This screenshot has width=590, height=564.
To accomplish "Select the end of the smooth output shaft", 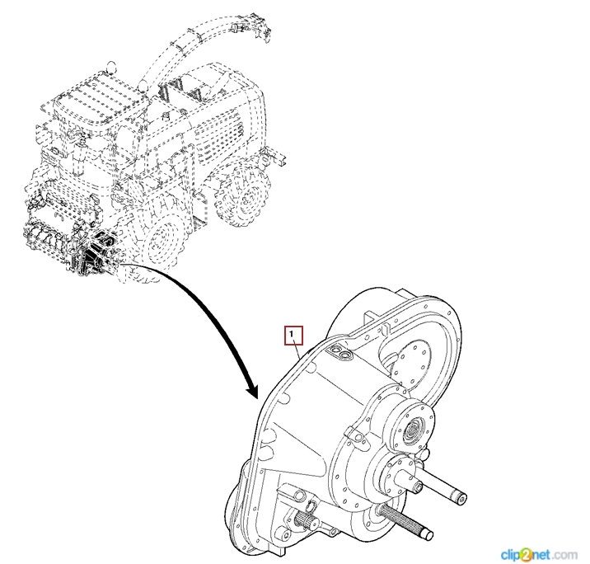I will coord(461,496).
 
